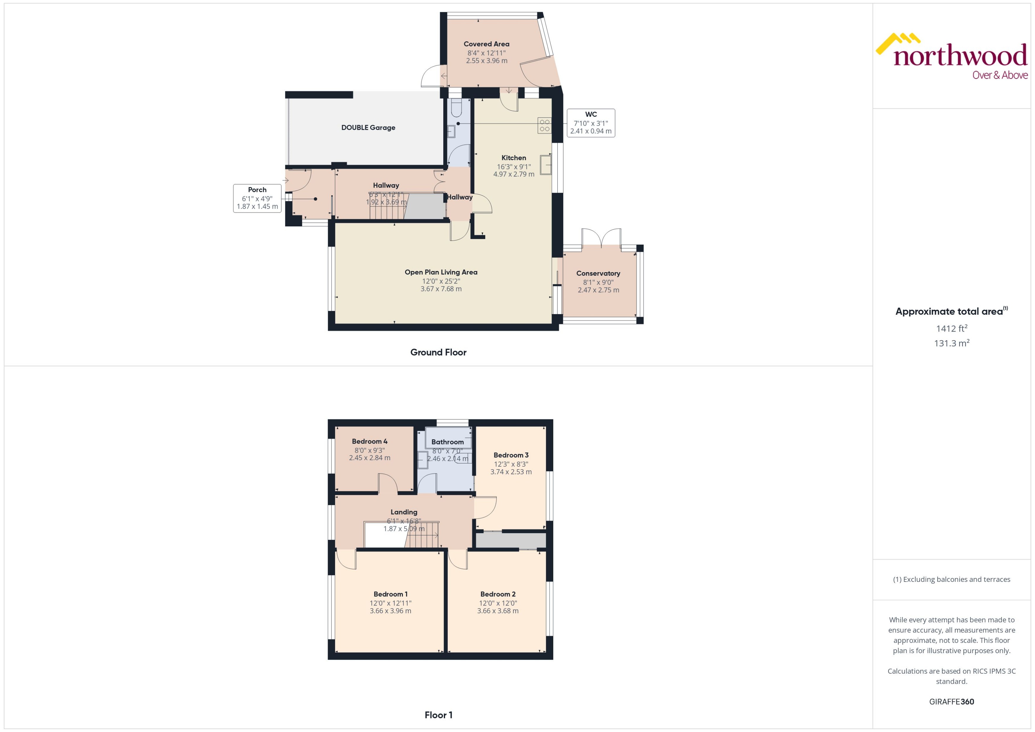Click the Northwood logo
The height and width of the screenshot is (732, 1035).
point(952,56)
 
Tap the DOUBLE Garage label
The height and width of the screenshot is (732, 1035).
point(368,128)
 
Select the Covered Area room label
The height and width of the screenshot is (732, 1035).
point(486,44)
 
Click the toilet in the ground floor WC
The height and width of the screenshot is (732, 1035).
point(456,108)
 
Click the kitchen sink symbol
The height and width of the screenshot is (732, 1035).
point(546,165)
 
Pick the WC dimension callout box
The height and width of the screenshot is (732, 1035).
point(591,123)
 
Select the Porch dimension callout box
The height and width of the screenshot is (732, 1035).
point(257,198)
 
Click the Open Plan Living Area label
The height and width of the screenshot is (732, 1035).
point(441,272)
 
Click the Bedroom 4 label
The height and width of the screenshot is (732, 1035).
point(369,441)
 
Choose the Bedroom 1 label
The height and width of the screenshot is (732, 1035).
point(390,594)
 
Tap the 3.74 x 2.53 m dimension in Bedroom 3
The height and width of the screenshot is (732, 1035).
point(511,472)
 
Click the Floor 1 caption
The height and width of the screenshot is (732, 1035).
point(438,715)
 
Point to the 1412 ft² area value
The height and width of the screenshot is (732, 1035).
point(952,329)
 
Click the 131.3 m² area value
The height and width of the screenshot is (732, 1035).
point(952,343)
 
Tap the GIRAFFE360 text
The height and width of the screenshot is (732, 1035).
point(952,702)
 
